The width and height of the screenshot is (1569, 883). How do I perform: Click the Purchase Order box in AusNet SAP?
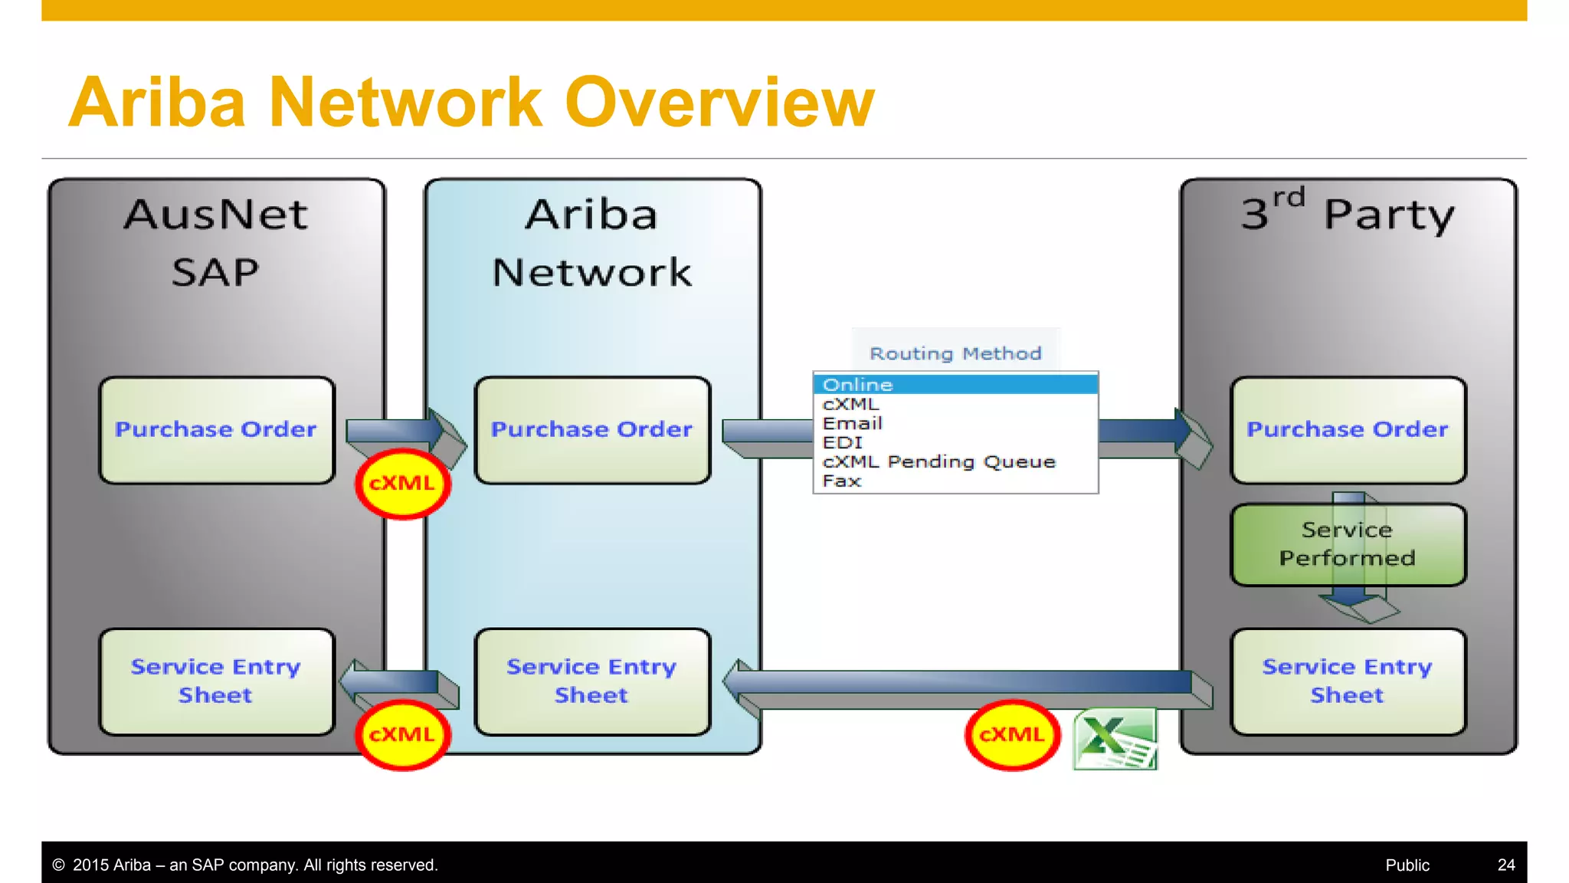point(217,430)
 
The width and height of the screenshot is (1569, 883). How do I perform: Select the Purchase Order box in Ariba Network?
point(592,430)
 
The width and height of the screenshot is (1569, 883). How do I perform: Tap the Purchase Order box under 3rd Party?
point(1348,430)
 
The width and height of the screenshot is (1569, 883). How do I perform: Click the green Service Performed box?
point(1348,544)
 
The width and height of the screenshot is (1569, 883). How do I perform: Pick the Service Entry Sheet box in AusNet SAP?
point(217,681)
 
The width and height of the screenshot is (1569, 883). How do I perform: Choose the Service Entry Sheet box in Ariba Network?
point(592,681)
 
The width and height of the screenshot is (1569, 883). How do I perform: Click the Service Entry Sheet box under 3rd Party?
point(1348,681)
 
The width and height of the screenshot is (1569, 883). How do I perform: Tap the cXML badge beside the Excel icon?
point(1012,735)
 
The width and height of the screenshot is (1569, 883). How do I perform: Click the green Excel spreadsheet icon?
point(1115,738)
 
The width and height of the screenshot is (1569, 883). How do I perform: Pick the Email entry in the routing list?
point(853,423)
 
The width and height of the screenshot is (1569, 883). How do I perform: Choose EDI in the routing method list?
point(843,442)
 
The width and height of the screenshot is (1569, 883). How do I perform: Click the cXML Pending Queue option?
point(938,461)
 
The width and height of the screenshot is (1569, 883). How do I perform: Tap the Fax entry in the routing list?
point(842,481)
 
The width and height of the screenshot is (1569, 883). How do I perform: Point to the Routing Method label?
point(955,353)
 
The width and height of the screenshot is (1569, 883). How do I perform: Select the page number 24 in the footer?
point(1505,865)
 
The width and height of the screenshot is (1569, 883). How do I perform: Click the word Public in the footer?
point(1407,865)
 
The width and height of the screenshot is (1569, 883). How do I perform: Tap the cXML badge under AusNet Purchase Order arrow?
point(402,484)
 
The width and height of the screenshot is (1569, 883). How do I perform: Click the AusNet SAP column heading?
point(215,242)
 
